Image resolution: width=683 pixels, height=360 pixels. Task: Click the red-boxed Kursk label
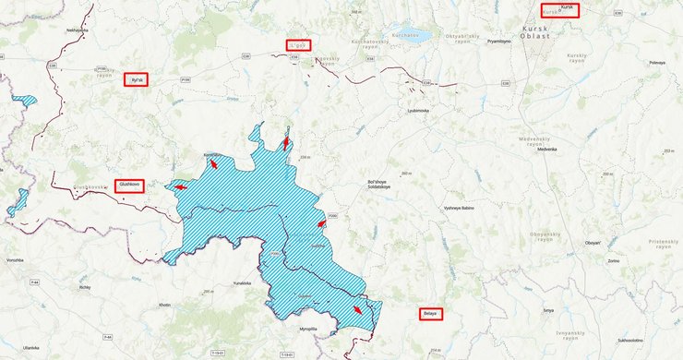pos(559,10)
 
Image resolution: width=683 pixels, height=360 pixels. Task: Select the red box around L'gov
pos(298,44)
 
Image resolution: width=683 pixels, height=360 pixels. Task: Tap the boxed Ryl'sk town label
pos(137,79)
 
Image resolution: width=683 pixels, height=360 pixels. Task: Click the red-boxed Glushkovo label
pos(128,186)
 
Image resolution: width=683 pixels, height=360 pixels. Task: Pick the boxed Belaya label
pos(430,314)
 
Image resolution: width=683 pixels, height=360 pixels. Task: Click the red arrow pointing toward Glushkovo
pos(180,187)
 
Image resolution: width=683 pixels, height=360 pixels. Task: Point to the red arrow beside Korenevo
pos(213,163)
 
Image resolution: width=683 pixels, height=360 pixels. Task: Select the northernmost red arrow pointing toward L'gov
pos(286,143)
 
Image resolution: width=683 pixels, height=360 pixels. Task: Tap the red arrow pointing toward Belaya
pos(357,310)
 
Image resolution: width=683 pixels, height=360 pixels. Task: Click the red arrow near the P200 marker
pos(320,223)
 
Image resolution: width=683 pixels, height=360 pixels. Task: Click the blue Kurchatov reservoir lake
pos(411,38)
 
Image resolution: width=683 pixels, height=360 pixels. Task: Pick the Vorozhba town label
pos(14,260)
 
